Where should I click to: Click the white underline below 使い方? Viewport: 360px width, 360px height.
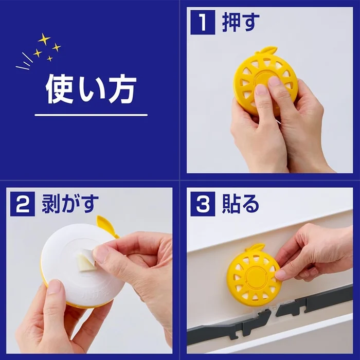click(x=91, y=115)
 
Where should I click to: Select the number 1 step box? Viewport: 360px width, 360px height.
click(x=202, y=23)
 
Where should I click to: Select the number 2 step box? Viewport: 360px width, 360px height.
click(x=22, y=204)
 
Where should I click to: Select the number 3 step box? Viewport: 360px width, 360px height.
click(x=202, y=204)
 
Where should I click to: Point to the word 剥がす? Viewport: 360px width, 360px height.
click(x=70, y=204)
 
